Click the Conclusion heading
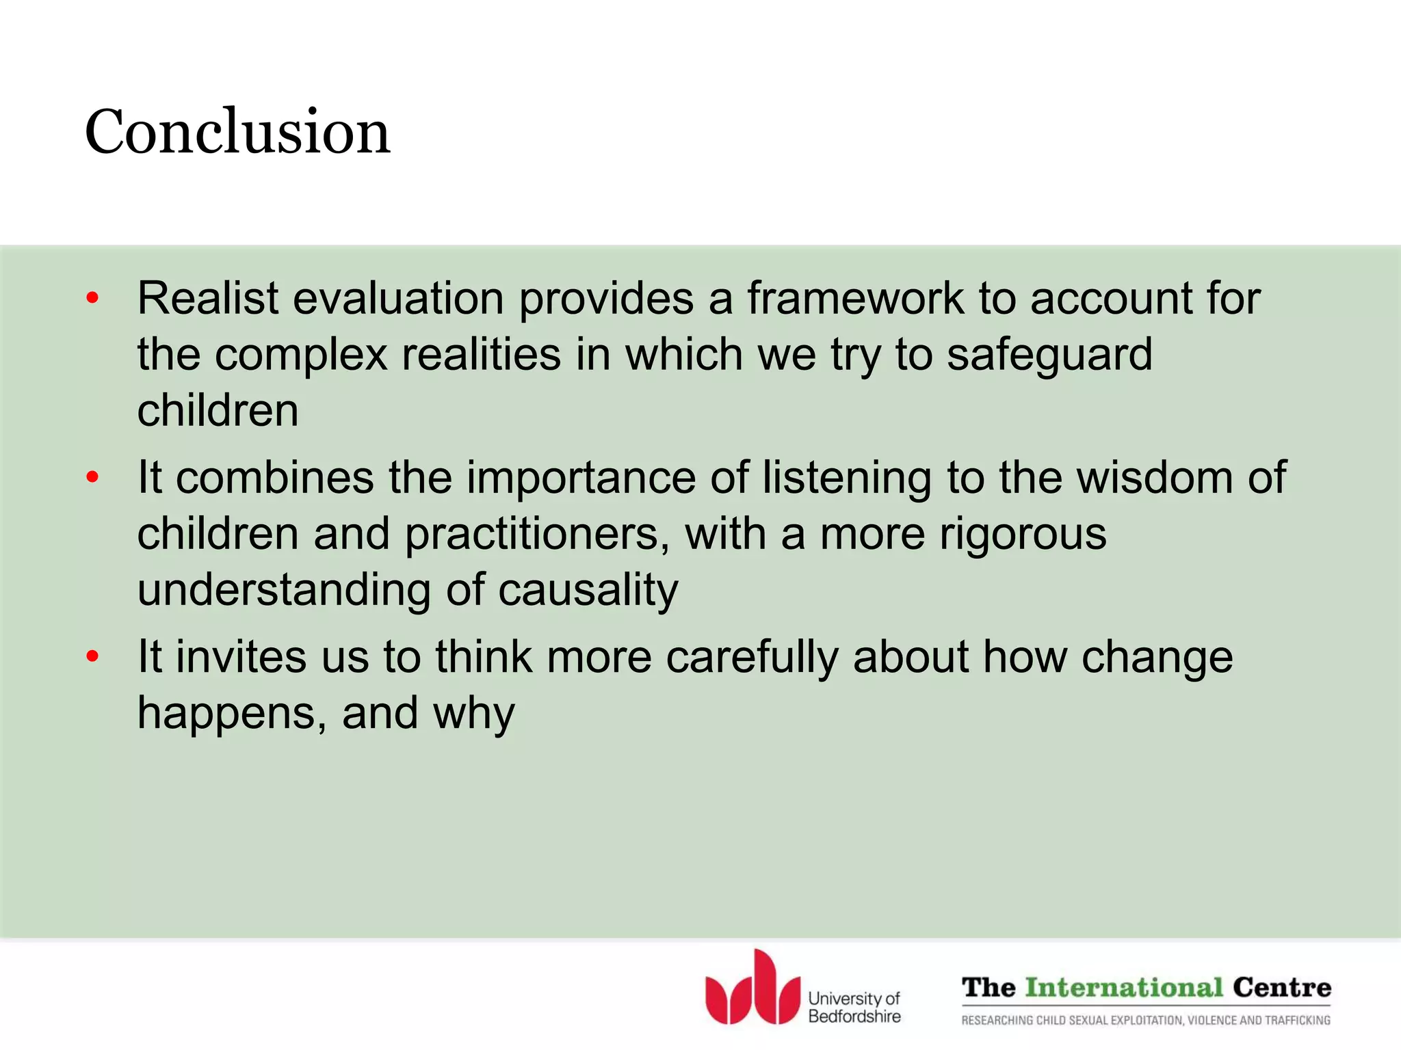click(237, 131)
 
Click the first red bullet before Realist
click(93, 299)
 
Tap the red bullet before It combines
click(93, 477)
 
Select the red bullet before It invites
click(93, 657)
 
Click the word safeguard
click(1049, 355)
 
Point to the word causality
click(588, 590)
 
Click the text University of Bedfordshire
click(854, 1008)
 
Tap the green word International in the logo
click(1124, 988)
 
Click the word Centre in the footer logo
click(1282, 988)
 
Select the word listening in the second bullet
click(846, 477)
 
